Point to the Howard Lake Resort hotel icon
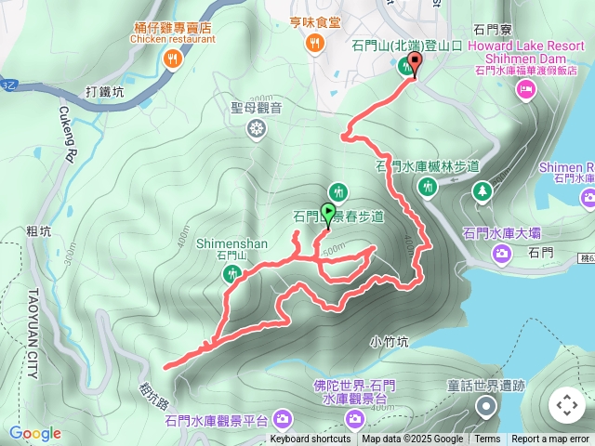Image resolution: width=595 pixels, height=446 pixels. pos(525,89)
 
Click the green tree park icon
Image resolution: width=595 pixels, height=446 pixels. pos(483,191)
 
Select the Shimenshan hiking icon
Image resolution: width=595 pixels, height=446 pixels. pos(231,273)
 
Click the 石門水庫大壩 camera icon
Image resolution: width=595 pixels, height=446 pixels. pos(502,252)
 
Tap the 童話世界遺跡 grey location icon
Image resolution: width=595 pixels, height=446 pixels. pos(485,405)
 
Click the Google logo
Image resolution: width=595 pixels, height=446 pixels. pos(34,433)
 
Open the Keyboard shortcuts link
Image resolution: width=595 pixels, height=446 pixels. pos(311,439)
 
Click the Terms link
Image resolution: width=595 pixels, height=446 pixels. pos(487,439)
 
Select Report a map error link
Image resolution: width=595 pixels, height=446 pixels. pos(550,439)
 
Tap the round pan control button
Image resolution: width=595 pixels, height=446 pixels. pos(566,405)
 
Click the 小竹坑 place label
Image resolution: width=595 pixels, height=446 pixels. pos(389,341)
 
